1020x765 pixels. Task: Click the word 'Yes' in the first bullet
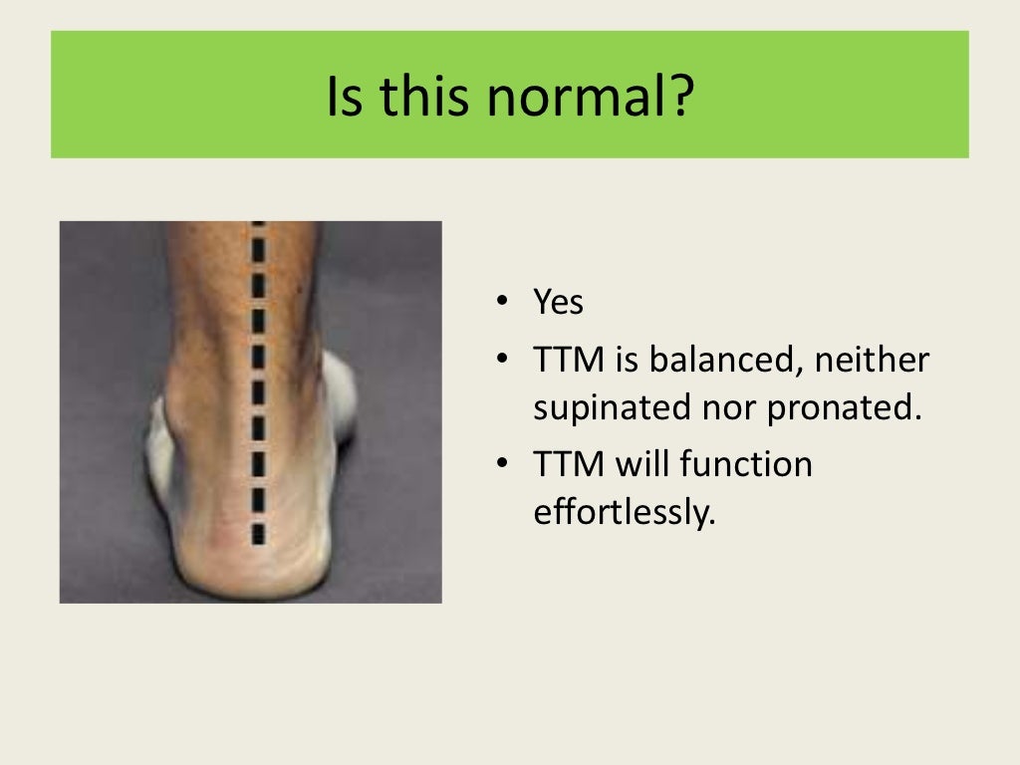(558, 302)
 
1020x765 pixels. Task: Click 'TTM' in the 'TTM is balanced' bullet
(568, 360)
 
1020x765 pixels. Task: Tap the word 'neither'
(872, 360)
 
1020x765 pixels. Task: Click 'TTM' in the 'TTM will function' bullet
(568, 464)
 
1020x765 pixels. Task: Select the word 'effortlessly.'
(625, 512)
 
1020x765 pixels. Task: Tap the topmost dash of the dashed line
(259, 225)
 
